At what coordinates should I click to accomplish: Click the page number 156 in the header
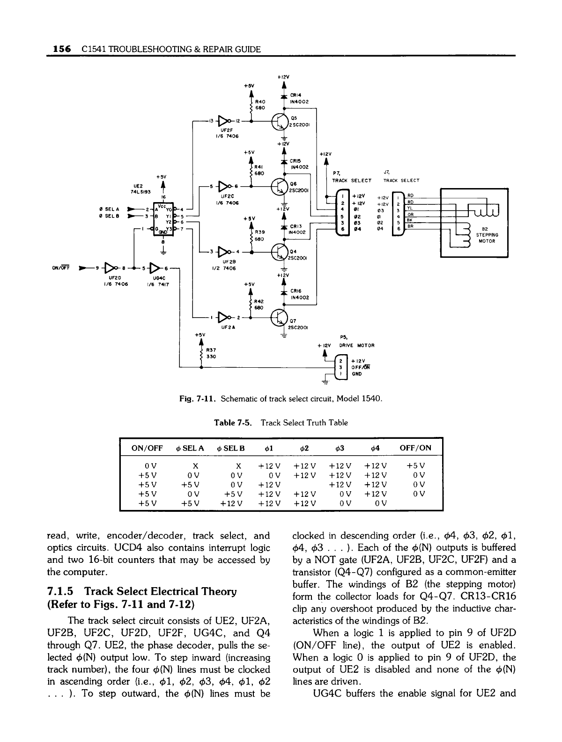point(61,49)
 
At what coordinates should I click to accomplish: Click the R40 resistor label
point(261,101)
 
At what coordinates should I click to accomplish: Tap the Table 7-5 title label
point(233,422)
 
